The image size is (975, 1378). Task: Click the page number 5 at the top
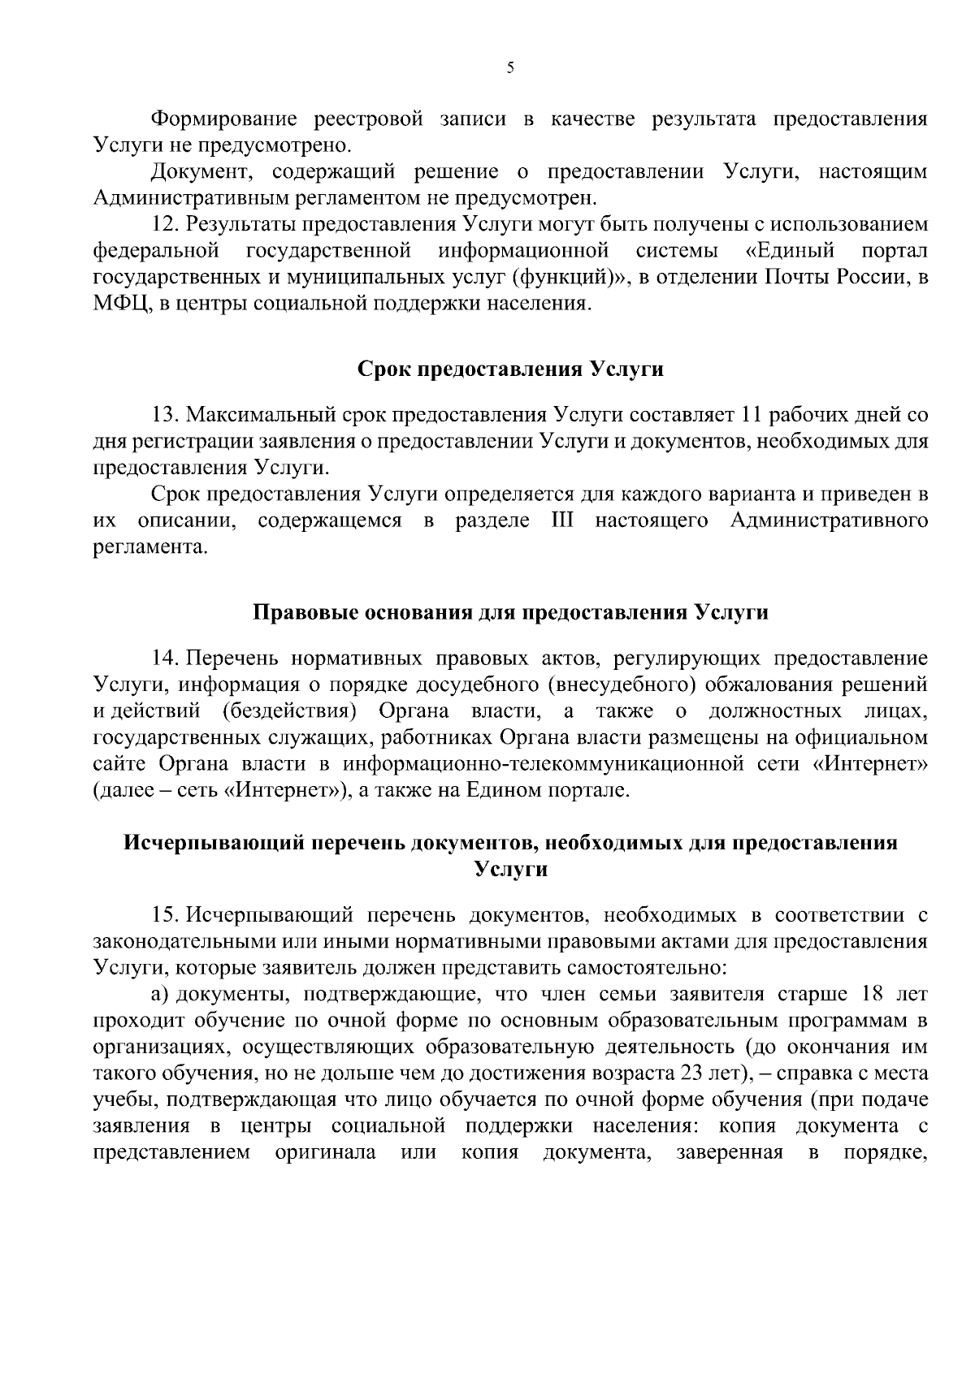point(510,68)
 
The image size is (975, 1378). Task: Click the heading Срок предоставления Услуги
point(510,369)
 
